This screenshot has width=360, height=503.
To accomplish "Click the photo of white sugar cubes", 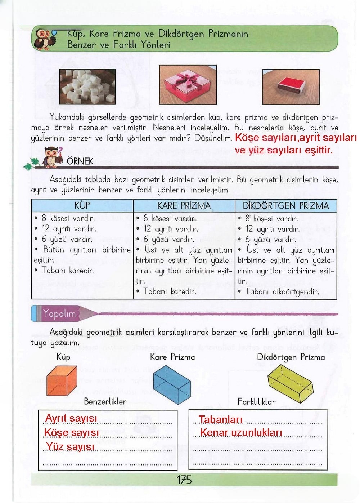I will tap(87, 86).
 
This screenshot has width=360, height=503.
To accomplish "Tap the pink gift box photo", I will tap(188, 85).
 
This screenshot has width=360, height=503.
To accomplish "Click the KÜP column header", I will tap(82, 206).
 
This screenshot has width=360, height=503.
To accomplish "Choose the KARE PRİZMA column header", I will tap(184, 206).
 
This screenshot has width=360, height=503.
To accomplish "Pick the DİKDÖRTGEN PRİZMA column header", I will tap(286, 206).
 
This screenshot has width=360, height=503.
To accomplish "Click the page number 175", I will tap(184, 480).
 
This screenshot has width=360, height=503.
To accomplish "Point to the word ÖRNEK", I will tap(80, 161).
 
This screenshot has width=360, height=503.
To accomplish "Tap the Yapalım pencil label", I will tap(60, 313).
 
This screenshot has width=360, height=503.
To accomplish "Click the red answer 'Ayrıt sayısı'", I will tap(71, 418).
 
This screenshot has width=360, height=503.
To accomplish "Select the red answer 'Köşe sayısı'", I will tap(71, 432).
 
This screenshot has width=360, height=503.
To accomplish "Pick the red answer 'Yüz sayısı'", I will tap(70, 447).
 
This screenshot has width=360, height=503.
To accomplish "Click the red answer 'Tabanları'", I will tap(221, 419).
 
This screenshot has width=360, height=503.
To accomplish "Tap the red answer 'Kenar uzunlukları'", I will tap(241, 432).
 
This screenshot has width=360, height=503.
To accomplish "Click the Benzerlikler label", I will tap(105, 401).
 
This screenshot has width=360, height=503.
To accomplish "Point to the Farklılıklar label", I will tap(256, 401).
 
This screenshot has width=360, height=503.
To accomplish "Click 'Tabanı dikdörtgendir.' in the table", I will tap(282, 291).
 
